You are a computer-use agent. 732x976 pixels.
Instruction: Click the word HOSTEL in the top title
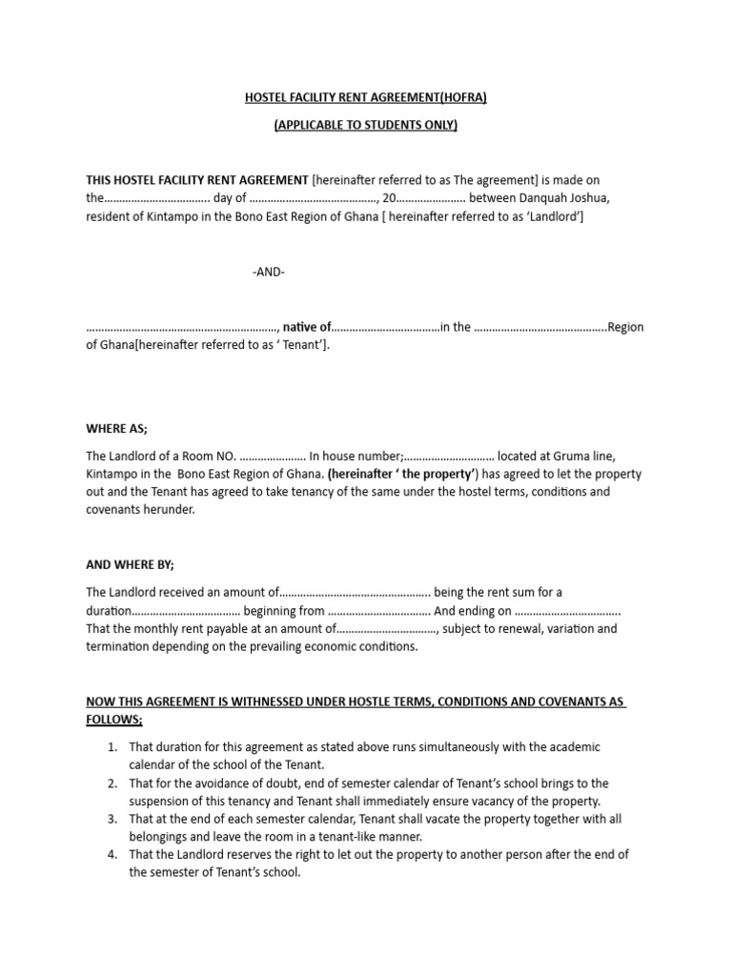pos(268,98)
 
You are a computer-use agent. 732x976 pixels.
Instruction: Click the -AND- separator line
pos(269,272)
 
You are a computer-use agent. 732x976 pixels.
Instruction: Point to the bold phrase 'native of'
pos(307,327)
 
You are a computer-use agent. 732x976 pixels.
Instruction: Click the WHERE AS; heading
pos(116,428)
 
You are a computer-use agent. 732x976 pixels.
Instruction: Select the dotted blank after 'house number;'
pos(449,456)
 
